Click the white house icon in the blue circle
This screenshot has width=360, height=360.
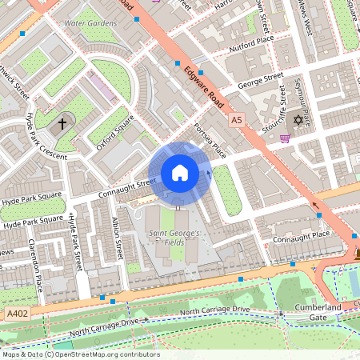tap(180, 173)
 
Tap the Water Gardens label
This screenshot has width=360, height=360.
tap(90, 23)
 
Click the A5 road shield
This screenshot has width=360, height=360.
tap(235, 120)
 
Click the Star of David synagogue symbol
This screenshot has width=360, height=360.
tap(299, 120)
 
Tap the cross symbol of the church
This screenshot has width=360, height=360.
tap(62, 125)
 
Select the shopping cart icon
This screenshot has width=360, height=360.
tap(285, 138)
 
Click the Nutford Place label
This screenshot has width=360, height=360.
tap(252, 41)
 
